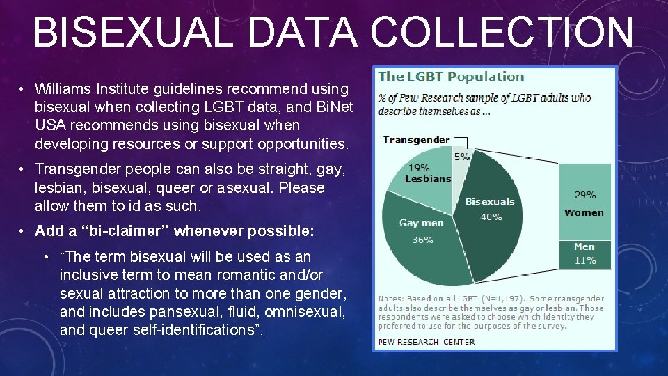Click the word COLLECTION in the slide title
501,33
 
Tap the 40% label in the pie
491,217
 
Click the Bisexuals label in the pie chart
490,201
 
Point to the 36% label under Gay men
422,239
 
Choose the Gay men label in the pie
422,224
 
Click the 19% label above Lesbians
418,168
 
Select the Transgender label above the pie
415,139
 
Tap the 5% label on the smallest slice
462,157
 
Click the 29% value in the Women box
584,195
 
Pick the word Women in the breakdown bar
584,212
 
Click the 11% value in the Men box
584,260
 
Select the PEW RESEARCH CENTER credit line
426,341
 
